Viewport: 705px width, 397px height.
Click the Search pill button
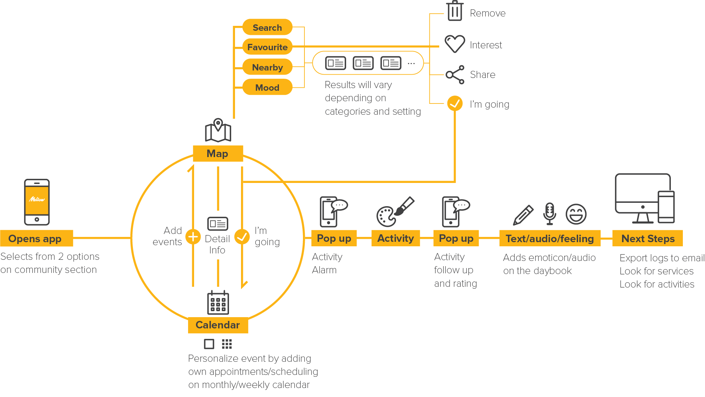[267, 27]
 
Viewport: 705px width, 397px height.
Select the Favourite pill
[267, 47]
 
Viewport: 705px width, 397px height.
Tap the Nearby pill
[267, 67]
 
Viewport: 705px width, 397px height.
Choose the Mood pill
[267, 87]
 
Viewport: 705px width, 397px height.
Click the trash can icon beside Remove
[455, 11]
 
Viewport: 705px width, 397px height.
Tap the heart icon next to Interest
[455, 44]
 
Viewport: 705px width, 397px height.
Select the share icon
[455, 75]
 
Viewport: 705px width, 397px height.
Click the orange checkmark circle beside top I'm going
[455, 103]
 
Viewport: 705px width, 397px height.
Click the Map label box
[218, 153]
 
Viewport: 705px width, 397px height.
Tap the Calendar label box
[218, 325]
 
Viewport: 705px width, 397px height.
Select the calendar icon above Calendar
[218, 302]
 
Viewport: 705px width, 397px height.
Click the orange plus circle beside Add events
[193, 237]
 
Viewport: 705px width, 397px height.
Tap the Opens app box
[36, 238]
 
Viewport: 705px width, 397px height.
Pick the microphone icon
[550, 213]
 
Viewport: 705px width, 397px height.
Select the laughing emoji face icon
[576, 214]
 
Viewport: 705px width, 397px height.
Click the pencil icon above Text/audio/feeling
[523, 215]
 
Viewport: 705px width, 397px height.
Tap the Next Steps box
[648, 238]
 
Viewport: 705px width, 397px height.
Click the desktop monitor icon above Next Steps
[643, 198]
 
